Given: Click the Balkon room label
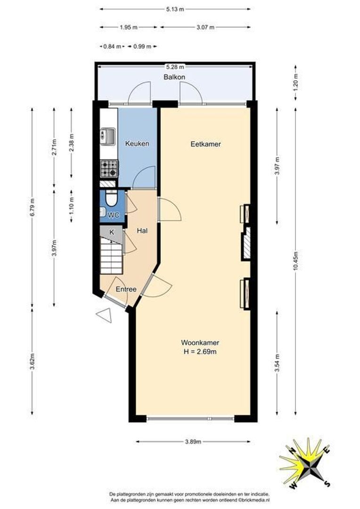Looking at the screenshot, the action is point(174,77).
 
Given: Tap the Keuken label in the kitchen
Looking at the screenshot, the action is point(137,143).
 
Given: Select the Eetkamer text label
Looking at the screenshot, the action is point(205,144).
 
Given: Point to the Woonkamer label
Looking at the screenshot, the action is point(200,343).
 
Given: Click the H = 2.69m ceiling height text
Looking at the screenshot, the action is point(200,352).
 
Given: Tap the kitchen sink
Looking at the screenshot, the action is point(107,136).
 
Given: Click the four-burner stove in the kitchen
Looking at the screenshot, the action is point(109,169).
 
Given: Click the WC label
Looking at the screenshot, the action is point(113,215).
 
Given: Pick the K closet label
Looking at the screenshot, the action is point(112,232).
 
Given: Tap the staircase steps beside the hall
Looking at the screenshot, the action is point(111,255).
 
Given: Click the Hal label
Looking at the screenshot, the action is point(142,231).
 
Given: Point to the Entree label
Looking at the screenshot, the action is point(126,289).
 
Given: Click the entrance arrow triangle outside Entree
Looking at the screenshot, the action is point(104,315).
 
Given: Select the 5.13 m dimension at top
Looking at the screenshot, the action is point(175,9).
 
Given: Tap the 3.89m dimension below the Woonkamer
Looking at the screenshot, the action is point(193,442).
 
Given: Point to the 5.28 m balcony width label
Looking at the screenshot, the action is point(175,67).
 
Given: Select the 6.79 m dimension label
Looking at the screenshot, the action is point(32,207).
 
